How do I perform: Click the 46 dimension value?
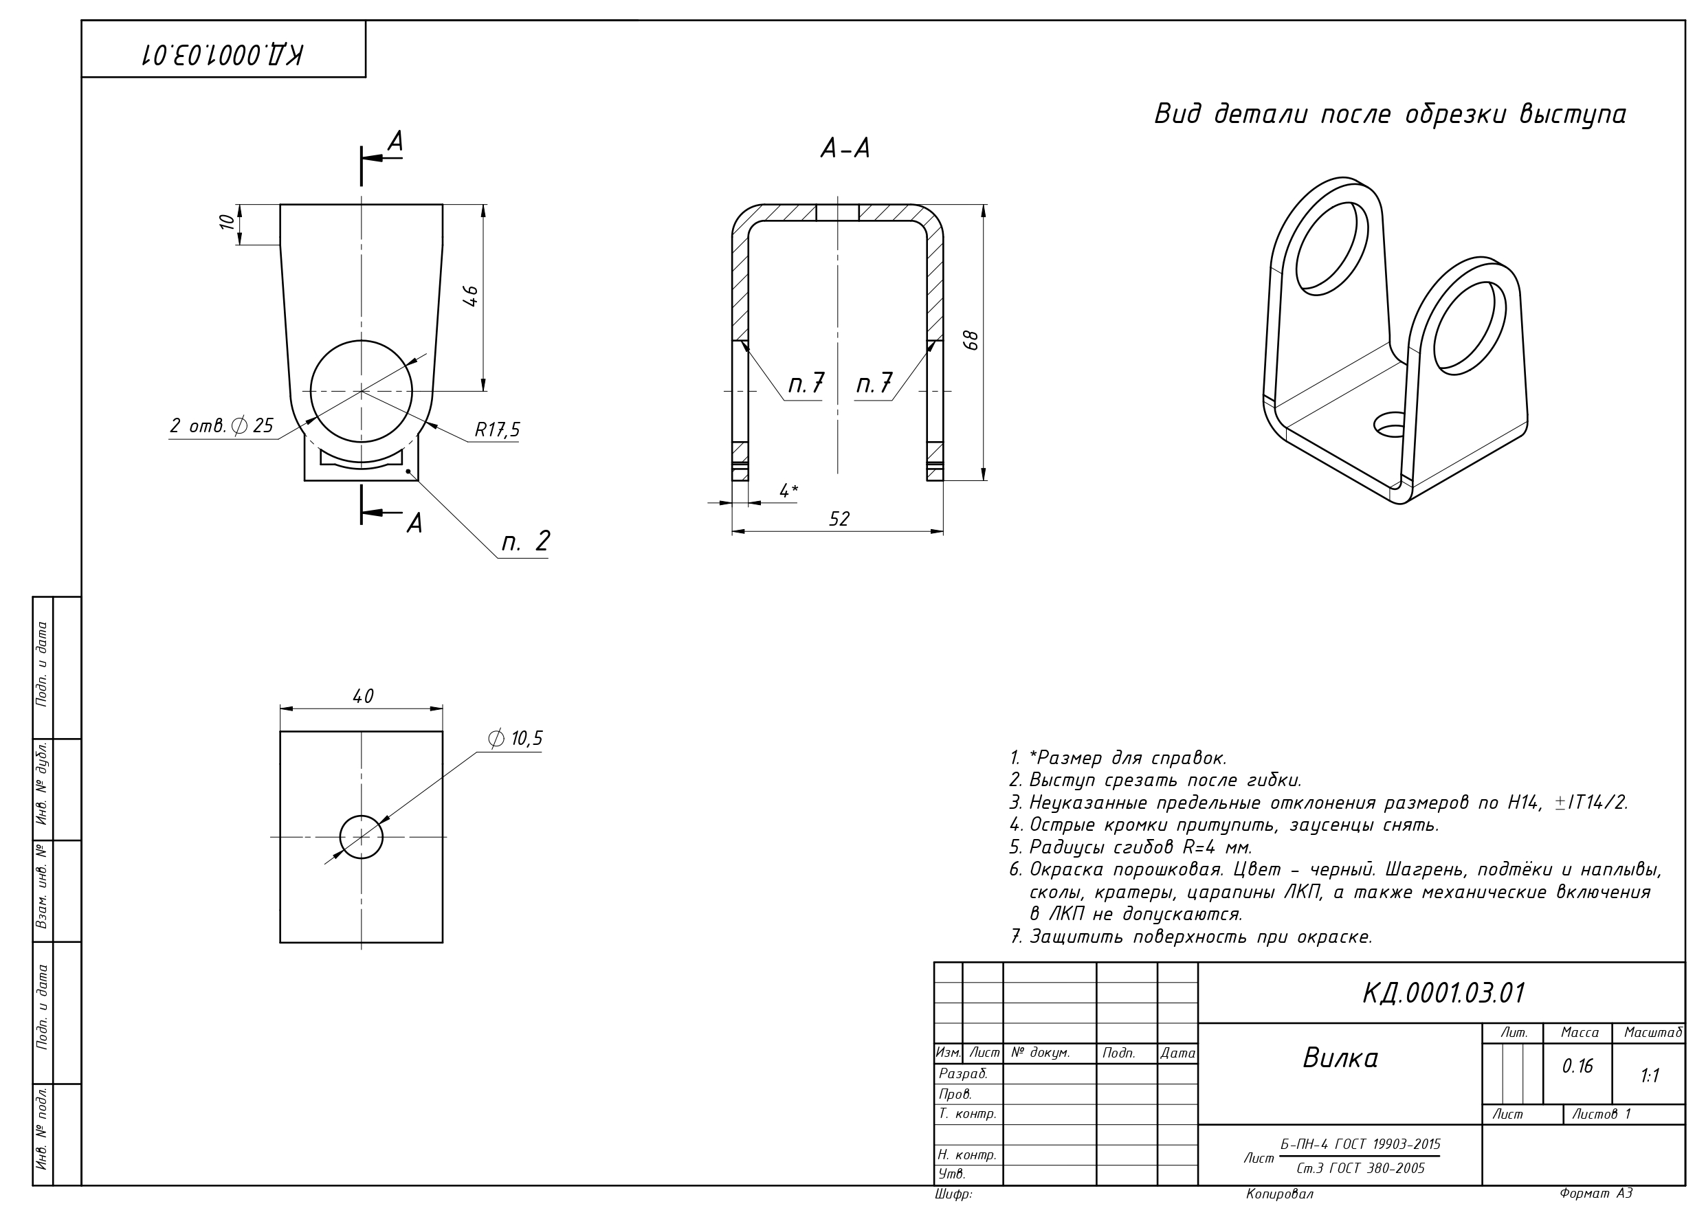point(470,295)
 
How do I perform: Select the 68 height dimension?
point(971,340)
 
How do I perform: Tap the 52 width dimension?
point(839,519)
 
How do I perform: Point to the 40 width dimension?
point(363,696)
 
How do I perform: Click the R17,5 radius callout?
point(497,429)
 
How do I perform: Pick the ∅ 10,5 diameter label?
point(515,738)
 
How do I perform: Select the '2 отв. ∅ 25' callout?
point(221,426)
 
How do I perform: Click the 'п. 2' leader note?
point(525,541)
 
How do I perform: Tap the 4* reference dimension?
point(788,491)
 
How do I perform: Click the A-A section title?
point(845,148)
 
